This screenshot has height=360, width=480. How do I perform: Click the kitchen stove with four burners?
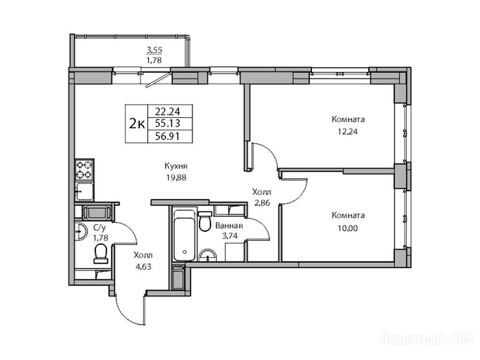point(84,170)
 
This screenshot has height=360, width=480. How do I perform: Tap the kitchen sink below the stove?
point(84,191)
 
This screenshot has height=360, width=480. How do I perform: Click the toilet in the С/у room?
point(101,254)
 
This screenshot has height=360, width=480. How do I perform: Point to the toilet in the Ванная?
point(205,221)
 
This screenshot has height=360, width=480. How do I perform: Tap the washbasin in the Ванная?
point(208,255)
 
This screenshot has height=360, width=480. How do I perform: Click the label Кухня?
point(176,166)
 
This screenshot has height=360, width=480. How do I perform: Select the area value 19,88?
point(176,178)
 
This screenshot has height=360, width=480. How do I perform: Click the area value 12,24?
point(348,132)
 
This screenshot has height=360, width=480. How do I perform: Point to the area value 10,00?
point(348,228)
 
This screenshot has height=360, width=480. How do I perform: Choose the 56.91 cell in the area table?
point(167,136)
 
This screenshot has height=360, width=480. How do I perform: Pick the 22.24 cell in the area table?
point(167,111)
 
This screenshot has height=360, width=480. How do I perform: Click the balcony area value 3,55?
point(155,50)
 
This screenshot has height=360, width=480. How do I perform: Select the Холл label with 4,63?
point(143,255)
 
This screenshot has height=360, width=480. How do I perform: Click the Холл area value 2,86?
point(261,203)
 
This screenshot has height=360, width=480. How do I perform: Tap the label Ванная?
point(229,226)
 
